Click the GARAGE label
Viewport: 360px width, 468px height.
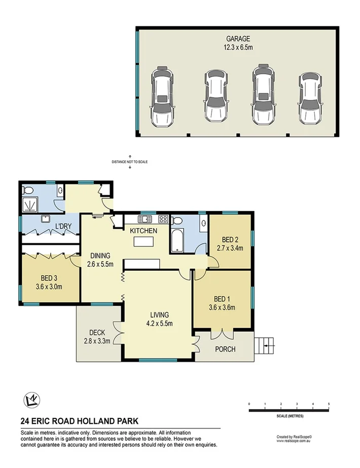pyautogui.click(x=238, y=38)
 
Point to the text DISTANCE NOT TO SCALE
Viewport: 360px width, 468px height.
pyautogui.click(x=130, y=162)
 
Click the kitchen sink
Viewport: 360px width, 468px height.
pyautogui.click(x=145, y=219)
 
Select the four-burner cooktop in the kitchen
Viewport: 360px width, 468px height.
pyautogui.click(x=163, y=219)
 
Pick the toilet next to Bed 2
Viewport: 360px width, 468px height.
pyautogui.click(x=177, y=221)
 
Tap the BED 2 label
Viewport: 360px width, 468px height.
pyautogui.click(x=230, y=240)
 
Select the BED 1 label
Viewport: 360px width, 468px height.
pyautogui.click(x=222, y=298)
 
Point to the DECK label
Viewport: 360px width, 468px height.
pyautogui.click(x=97, y=332)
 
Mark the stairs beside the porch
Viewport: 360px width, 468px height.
pyautogui.click(x=264, y=346)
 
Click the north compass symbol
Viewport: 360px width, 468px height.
pyautogui.click(x=32, y=400)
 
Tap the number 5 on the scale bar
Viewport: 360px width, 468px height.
pyautogui.click(x=329, y=404)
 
